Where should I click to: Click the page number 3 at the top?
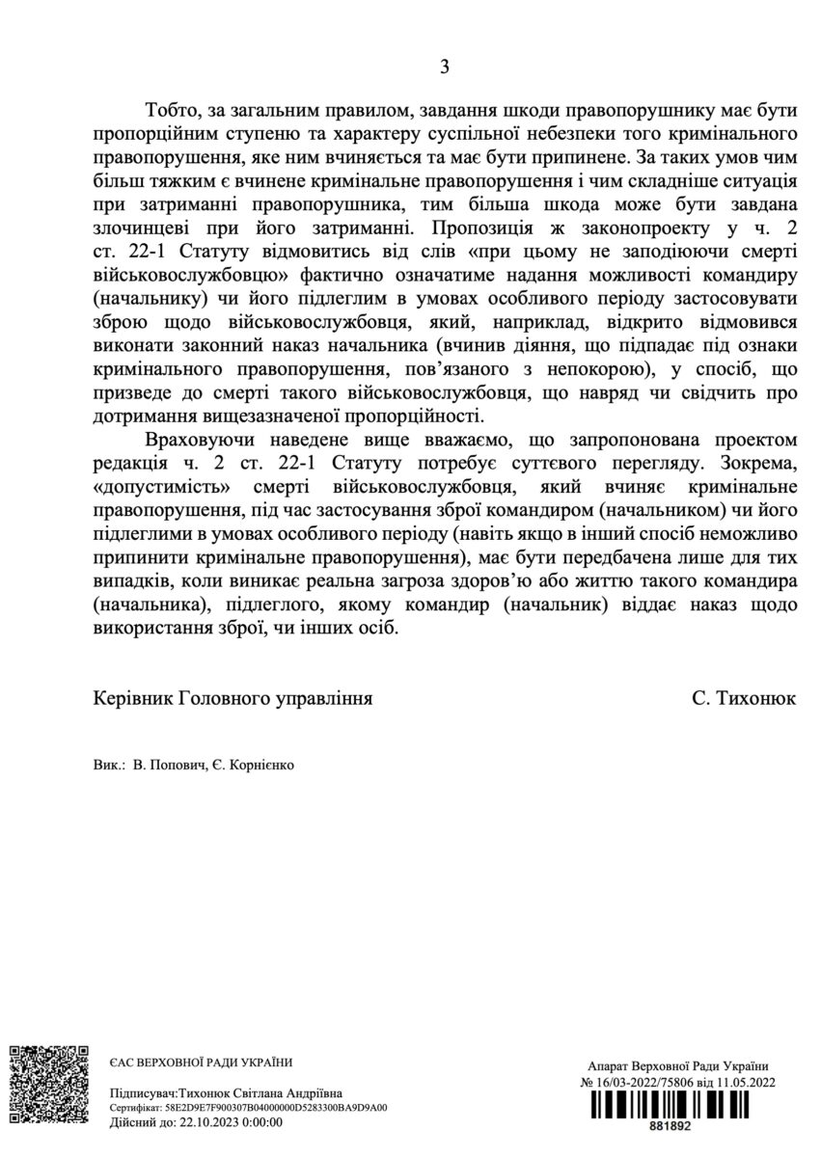pos(445,67)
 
